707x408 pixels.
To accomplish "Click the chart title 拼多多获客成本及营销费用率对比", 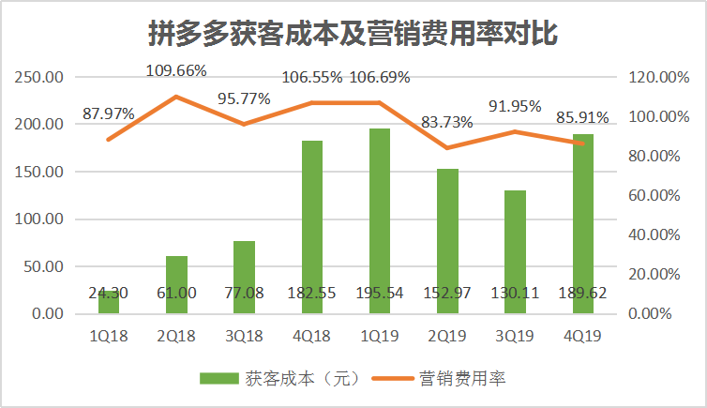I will pyautogui.click(x=353, y=34).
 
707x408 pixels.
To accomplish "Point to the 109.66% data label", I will pyautogui.click(x=177, y=70).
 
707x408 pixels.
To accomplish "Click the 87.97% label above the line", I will pyautogui.click(x=109, y=114).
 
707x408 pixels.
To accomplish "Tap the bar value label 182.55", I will pyautogui.click(x=312, y=294).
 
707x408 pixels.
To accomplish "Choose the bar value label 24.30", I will pyautogui.click(x=109, y=294).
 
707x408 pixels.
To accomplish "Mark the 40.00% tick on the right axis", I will pyautogui.click(x=658, y=234).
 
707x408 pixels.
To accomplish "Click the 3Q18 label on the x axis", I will pyautogui.click(x=244, y=333).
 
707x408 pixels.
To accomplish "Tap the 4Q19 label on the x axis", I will pyautogui.click(x=582, y=333).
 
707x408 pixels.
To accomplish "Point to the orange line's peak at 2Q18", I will pyautogui.click(x=176, y=97).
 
